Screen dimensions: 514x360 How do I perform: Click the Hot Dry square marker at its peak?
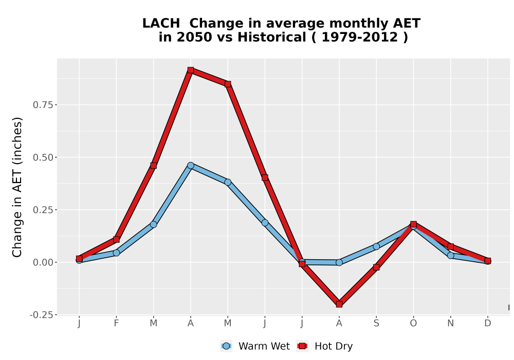tap(191, 70)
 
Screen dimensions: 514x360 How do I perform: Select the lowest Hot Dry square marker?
tap(339, 304)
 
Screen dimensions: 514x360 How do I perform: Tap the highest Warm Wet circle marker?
tap(191, 165)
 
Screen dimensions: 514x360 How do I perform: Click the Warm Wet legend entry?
tap(255, 346)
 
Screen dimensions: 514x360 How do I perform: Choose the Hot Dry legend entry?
tap(325, 346)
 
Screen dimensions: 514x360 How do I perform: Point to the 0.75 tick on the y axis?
tap(43, 105)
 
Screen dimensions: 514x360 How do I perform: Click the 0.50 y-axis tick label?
tap(43, 157)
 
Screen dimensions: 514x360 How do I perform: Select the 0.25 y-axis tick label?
tap(43, 210)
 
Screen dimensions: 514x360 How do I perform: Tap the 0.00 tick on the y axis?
tap(43, 262)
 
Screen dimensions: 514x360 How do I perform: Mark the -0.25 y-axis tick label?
tap(41, 315)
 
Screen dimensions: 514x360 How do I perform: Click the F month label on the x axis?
tap(116, 323)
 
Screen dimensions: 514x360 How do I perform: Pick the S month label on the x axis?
tap(376, 323)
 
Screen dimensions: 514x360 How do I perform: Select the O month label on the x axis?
tap(413, 323)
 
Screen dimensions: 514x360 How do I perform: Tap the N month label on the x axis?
tap(451, 323)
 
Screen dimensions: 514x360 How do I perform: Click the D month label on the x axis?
tap(488, 323)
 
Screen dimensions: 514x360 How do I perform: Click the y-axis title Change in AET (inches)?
tap(17, 187)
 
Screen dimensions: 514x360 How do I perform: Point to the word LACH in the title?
tap(161, 23)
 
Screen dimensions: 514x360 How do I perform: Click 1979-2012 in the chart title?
tap(360, 37)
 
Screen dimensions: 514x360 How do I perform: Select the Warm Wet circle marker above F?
tap(116, 253)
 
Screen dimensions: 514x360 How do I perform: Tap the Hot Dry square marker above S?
tap(376, 267)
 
